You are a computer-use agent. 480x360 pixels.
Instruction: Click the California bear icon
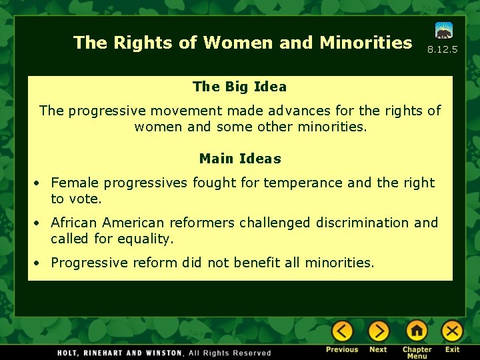pyautogui.click(x=443, y=31)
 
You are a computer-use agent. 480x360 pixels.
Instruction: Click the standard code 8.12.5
pyautogui.click(x=443, y=50)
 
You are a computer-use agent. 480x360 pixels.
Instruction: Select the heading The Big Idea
pyautogui.click(x=239, y=87)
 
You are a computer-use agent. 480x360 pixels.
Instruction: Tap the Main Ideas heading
pyautogui.click(x=240, y=159)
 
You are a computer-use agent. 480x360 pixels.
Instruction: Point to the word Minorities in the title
pyautogui.click(x=365, y=43)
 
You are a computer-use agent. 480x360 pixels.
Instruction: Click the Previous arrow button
pyautogui.click(x=342, y=331)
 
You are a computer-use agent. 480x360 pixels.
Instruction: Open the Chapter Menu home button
pyautogui.click(x=417, y=331)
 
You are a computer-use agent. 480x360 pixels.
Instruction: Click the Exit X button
pyautogui.click(x=452, y=331)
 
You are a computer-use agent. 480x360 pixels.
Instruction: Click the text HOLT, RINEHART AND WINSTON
pyautogui.click(x=120, y=353)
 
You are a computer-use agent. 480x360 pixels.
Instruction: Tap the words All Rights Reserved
pyautogui.click(x=230, y=353)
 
